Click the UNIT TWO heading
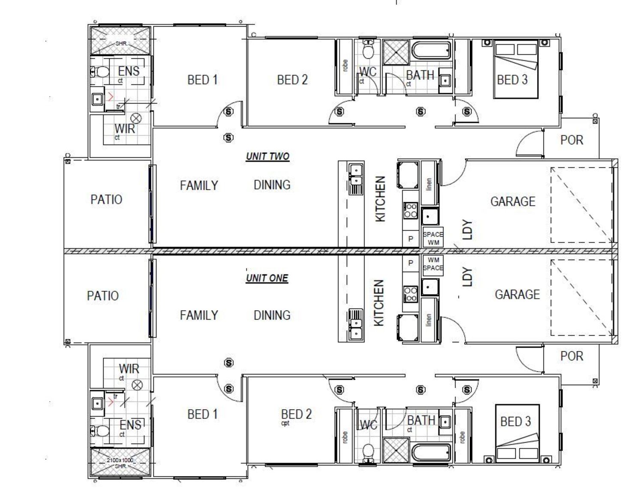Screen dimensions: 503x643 click(x=267, y=156)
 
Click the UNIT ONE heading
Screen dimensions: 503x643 click(x=267, y=278)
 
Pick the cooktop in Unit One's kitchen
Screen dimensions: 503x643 click(x=410, y=293)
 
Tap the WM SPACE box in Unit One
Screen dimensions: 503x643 click(x=433, y=263)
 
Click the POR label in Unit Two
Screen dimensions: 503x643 click(x=571, y=140)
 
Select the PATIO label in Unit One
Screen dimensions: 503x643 click(x=103, y=296)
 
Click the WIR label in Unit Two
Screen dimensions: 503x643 click(x=124, y=128)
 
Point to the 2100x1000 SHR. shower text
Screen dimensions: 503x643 click(x=120, y=462)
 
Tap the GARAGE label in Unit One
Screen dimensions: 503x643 click(x=517, y=294)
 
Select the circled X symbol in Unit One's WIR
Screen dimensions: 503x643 click(x=137, y=385)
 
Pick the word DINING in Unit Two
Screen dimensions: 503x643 click(x=272, y=185)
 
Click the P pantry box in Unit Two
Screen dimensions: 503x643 click(x=411, y=238)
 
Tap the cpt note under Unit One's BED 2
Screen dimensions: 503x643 click(x=285, y=423)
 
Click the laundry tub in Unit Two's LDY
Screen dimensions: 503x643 click(x=429, y=217)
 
